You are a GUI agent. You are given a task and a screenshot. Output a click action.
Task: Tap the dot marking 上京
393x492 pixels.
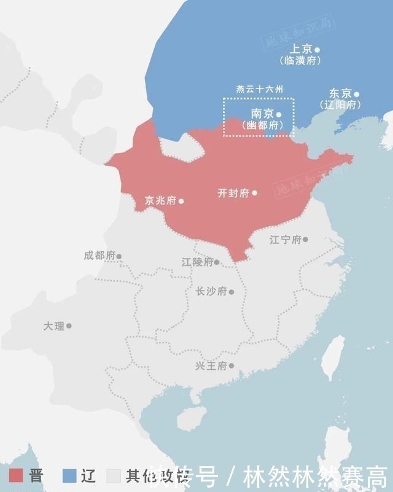pyautogui.click(x=317, y=49)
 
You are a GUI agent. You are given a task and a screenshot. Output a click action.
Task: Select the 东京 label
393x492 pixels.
pyautogui.click(x=340, y=94)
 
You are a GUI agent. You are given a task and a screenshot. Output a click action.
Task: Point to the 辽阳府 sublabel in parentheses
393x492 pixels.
pyautogui.click(x=340, y=105)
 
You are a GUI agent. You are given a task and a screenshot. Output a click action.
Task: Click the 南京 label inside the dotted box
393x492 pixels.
pyautogui.click(x=262, y=114)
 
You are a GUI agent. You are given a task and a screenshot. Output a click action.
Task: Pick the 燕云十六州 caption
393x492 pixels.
pyautogui.click(x=260, y=89)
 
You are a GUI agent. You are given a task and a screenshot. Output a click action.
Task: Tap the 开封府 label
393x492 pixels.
pyautogui.click(x=233, y=193)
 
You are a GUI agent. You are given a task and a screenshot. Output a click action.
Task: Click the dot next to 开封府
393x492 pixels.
pyautogui.click(x=254, y=193)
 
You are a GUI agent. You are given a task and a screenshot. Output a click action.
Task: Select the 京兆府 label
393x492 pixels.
pyautogui.click(x=160, y=200)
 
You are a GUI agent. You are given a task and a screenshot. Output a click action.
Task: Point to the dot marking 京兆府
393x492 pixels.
pyautogui.click(x=181, y=201)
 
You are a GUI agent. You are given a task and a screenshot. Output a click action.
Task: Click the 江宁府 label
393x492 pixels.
pyautogui.click(x=286, y=240)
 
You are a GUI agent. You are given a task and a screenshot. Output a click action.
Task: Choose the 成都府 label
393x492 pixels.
pyautogui.click(x=99, y=256)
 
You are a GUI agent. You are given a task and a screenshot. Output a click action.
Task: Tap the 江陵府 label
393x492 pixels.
pyautogui.click(x=197, y=262)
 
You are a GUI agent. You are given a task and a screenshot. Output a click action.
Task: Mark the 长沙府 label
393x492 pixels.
pyautogui.click(x=211, y=291)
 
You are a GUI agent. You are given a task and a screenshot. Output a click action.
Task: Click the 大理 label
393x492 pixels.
pyautogui.click(x=53, y=326)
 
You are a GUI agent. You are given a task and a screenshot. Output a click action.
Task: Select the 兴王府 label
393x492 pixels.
pyautogui.click(x=211, y=366)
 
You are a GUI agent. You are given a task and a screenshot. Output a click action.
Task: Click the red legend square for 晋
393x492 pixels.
pyautogui.click(x=16, y=475)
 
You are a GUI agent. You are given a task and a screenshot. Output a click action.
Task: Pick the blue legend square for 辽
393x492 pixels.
pyautogui.click(x=69, y=475)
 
